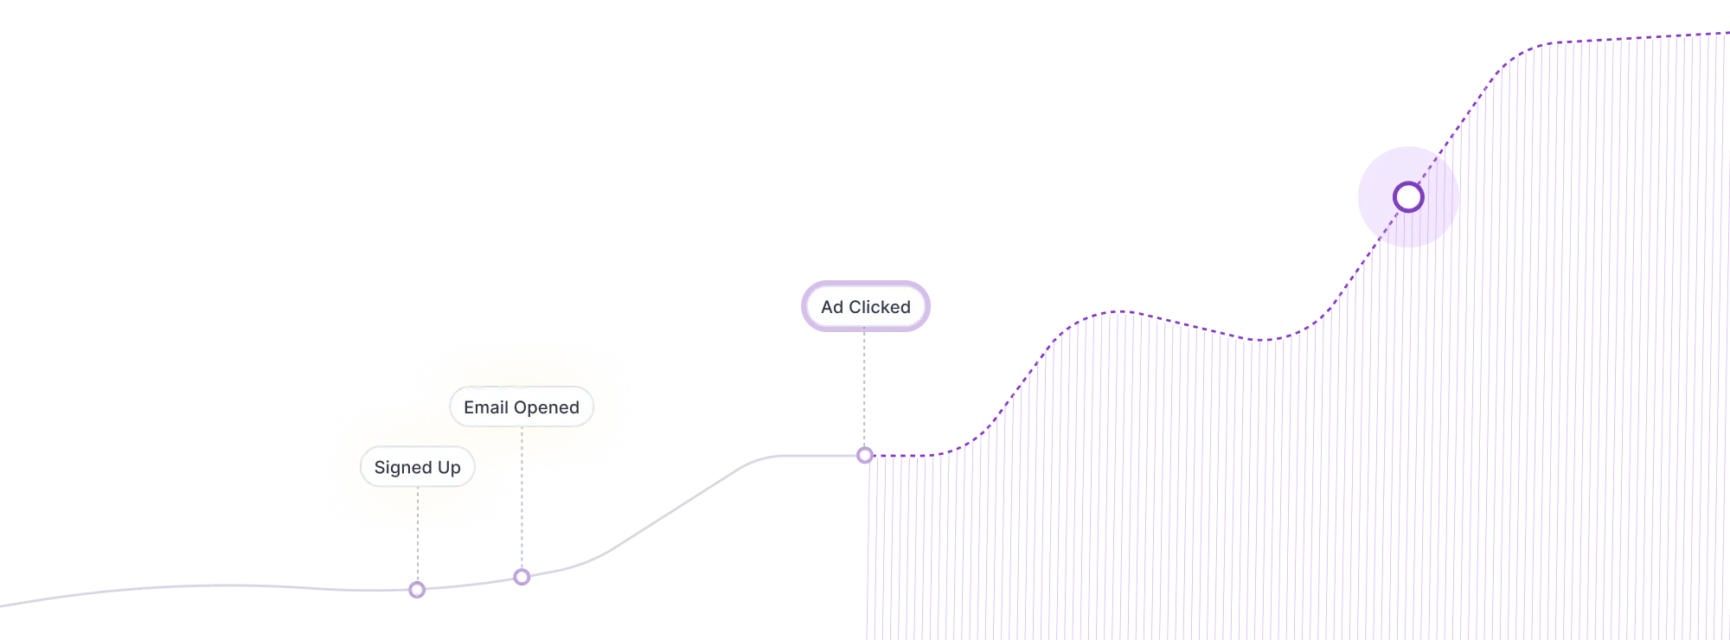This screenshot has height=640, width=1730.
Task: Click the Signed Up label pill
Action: [x=417, y=467]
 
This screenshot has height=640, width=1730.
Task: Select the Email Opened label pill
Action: [x=521, y=407]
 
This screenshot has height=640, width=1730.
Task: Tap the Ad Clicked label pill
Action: [x=865, y=307]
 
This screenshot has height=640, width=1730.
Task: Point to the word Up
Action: [x=449, y=468]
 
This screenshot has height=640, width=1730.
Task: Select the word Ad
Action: [x=831, y=307]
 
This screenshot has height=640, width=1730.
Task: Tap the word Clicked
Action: [x=879, y=307]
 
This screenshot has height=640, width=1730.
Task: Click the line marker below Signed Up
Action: [x=417, y=590]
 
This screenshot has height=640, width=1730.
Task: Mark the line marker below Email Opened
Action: [x=522, y=576]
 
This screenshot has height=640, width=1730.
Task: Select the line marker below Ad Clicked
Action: [x=864, y=455]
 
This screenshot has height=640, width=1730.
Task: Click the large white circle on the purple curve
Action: [x=1408, y=197]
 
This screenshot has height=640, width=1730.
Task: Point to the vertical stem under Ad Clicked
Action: [x=864, y=389]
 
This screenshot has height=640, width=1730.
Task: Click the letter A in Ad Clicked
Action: [x=826, y=307]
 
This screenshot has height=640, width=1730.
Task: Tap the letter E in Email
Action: [x=469, y=407]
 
